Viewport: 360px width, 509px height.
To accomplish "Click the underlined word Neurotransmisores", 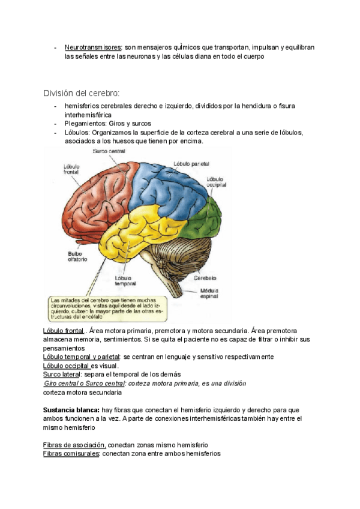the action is (92, 47).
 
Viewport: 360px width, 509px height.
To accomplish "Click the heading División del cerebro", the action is (81, 93).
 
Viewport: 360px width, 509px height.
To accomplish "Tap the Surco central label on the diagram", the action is (109, 152).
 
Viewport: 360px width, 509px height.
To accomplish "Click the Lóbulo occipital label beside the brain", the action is (216, 182).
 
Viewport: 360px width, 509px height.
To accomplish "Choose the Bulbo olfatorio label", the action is (77, 256).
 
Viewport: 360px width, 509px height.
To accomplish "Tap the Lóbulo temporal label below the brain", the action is (125, 281).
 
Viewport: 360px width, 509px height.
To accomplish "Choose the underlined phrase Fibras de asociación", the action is (74, 445).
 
